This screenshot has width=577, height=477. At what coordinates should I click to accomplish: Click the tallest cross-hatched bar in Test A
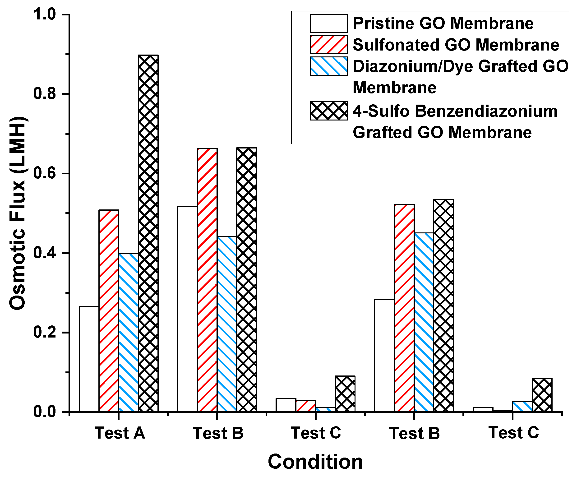click(x=148, y=234)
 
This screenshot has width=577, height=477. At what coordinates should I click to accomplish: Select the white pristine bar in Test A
click(x=89, y=359)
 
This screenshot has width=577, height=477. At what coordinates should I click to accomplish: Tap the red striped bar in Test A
click(x=109, y=310)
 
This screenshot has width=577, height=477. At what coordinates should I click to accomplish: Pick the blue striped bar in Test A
click(x=129, y=333)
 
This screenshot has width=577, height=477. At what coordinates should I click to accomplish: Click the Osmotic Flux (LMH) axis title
click(x=18, y=213)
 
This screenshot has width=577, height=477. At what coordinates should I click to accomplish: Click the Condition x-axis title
click(x=315, y=462)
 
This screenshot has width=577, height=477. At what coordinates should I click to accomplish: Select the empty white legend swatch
click(x=329, y=23)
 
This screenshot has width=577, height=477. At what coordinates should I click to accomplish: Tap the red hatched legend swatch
click(x=329, y=45)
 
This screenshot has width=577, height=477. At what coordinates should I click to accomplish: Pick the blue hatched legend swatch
click(x=329, y=66)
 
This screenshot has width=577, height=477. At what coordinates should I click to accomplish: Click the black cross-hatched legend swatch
click(x=329, y=111)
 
